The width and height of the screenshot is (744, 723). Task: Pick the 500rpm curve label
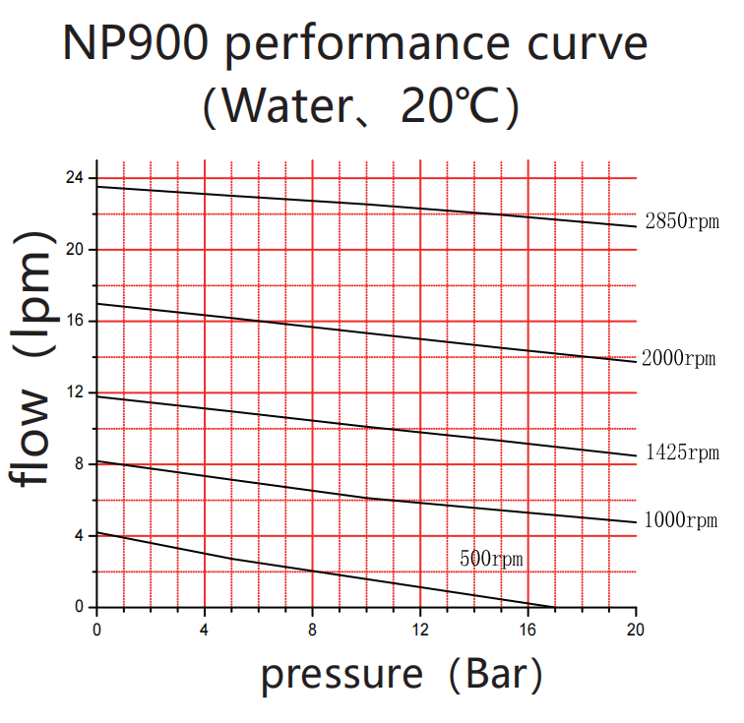pos(491,559)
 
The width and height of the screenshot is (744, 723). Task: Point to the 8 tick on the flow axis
pos(79,464)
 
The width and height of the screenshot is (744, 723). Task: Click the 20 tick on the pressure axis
pos(636,627)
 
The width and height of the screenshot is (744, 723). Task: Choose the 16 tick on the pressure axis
pos(528,627)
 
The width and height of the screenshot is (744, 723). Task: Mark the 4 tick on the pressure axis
pos(205,627)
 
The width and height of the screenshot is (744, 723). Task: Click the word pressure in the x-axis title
pos(341,676)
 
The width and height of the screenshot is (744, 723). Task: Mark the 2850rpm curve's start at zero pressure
pos(96,187)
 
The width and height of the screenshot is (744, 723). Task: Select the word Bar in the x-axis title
pos(498,676)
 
